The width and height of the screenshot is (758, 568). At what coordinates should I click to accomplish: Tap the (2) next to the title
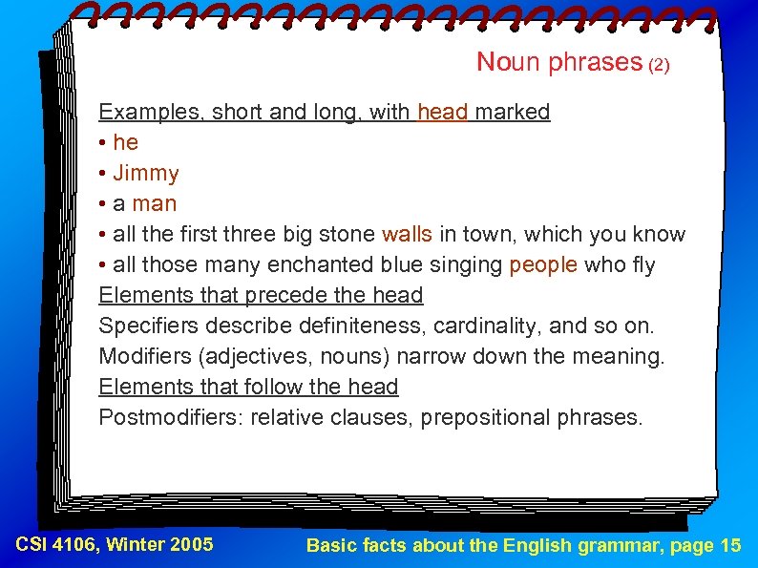pos(660,66)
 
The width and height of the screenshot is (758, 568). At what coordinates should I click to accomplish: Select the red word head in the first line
pos(443,112)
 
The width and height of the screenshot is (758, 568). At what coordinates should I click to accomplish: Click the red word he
pos(125,142)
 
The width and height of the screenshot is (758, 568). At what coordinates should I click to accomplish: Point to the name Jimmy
pos(146,173)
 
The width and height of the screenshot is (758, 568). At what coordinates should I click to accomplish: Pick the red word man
pos(155,203)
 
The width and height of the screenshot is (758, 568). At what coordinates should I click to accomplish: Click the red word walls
pos(407,234)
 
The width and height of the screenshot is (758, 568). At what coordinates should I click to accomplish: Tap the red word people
pos(543,264)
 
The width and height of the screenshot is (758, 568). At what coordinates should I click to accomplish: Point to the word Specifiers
pos(146,326)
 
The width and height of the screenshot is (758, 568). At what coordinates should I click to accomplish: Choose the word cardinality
pos(486,326)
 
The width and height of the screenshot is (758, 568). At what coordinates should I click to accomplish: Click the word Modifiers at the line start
pos(142,356)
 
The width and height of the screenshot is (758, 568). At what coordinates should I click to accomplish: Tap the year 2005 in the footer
pos(191,545)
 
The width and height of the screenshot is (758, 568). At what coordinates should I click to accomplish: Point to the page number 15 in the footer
pos(728,545)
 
